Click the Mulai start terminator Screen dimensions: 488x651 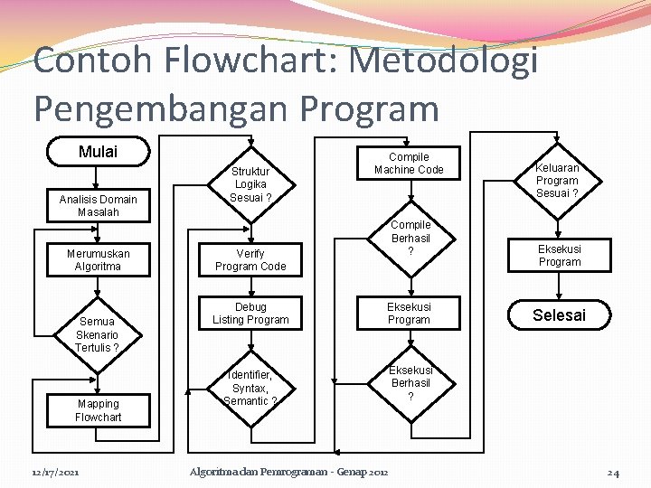click(98, 152)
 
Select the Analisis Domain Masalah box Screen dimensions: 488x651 click(98, 205)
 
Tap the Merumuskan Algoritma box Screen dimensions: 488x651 click(98, 260)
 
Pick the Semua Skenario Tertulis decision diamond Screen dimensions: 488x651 click(97, 333)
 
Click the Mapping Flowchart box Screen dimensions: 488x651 click(98, 410)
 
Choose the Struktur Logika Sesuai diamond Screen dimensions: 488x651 click(250, 184)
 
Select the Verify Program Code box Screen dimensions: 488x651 click(250, 260)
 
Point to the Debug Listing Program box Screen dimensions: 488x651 click(250, 314)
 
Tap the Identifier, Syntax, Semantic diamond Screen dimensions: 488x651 click(250, 388)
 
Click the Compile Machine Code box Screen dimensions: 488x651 click(409, 163)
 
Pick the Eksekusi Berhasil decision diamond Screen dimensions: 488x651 click(410, 383)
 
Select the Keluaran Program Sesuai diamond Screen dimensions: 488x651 click(558, 181)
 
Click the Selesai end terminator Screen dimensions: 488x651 click(559, 315)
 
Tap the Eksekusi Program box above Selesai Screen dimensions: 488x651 click(560, 255)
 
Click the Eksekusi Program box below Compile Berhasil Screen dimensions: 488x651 click(409, 314)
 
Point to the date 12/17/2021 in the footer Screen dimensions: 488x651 click(54, 473)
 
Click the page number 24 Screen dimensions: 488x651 click(612, 473)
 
